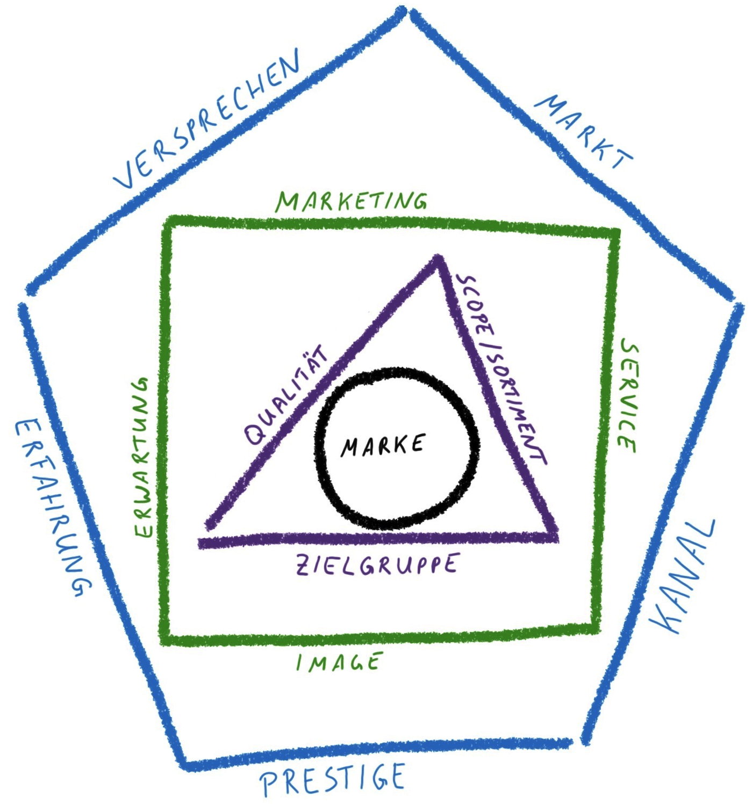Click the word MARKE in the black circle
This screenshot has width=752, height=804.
(383, 445)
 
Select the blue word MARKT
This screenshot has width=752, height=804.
(586, 132)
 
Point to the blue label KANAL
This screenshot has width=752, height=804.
(683, 575)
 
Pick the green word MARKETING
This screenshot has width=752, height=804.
(352, 201)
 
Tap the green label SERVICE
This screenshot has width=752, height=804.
(628, 395)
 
